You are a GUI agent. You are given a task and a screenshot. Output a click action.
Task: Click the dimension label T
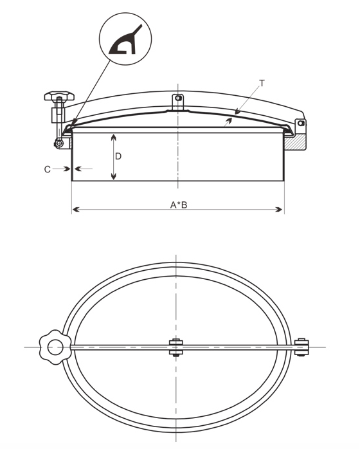tap(262, 84)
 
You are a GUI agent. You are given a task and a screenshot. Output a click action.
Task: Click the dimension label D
tap(118, 156)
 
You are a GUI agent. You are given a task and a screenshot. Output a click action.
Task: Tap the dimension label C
tap(47, 170)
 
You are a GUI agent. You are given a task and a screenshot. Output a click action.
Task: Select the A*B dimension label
tap(179, 205)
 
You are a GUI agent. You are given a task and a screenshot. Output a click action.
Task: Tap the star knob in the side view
tap(59, 96)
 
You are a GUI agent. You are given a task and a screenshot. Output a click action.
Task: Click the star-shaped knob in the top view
tap(55, 347)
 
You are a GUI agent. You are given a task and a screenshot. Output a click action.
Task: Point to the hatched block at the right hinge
tap(295, 142)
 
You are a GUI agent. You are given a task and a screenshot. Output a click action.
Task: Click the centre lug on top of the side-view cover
tap(177, 102)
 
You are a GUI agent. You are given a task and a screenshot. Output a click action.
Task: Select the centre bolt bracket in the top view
tap(176, 347)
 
